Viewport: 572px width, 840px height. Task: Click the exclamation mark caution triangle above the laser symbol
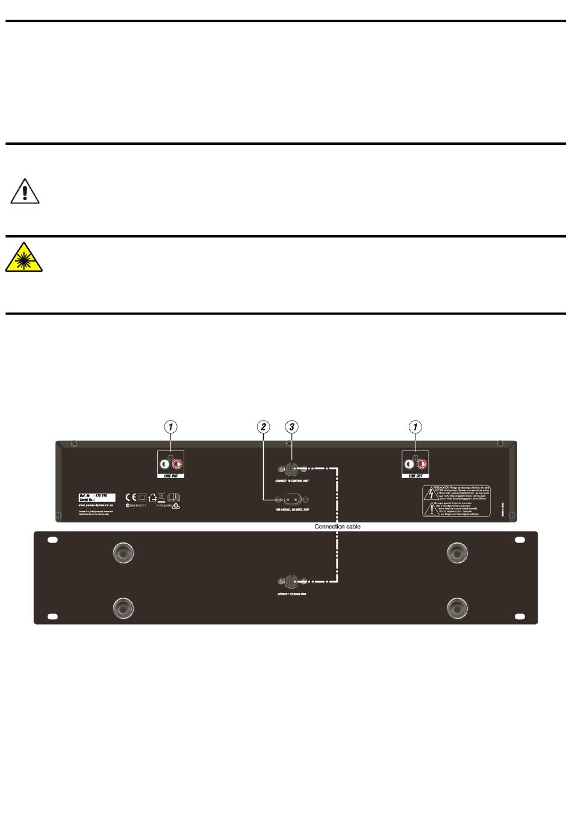click(x=24, y=191)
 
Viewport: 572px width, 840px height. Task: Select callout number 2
click(x=263, y=427)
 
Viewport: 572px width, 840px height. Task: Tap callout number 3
click(x=291, y=427)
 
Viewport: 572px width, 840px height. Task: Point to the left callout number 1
click(x=172, y=427)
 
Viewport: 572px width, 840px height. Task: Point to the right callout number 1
click(x=415, y=427)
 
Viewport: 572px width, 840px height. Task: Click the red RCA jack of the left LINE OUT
click(x=178, y=465)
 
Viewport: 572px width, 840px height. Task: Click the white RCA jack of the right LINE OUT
click(x=409, y=465)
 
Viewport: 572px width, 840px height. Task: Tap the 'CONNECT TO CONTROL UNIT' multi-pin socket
click(x=291, y=468)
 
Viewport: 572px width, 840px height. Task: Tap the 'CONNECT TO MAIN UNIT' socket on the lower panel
click(x=291, y=581)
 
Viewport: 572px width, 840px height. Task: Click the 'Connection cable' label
click(x=337, y=527)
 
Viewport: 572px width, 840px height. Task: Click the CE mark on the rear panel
click(x=131, y=497)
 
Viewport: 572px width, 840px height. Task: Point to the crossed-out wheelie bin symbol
click(x=161, y=497)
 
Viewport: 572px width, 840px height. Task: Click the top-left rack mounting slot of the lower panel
click(x=52, y=541)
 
